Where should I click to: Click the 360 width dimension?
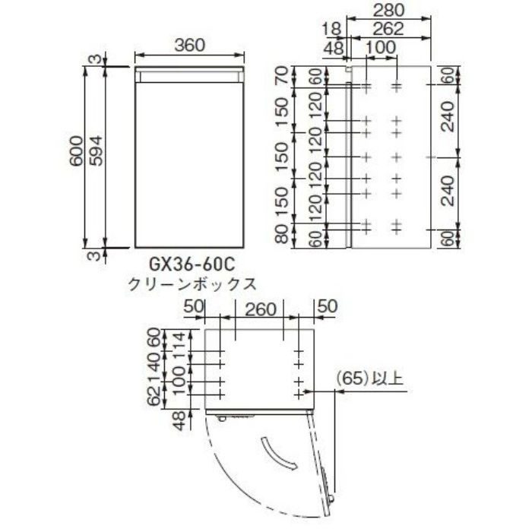[x=189, y=44]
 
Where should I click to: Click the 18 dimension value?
[x=330, y=28]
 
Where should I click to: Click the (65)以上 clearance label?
[x=369, y=377]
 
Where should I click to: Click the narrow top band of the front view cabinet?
[x=189, y=74]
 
